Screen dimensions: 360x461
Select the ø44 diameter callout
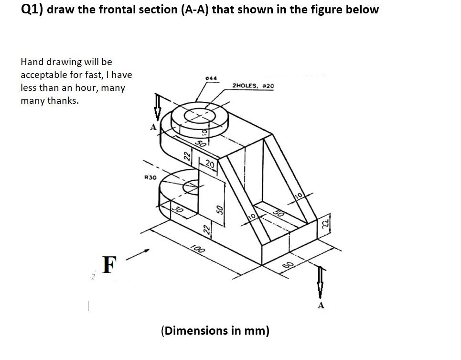coord(211,78)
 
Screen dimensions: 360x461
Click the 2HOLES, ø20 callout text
coord(253,86)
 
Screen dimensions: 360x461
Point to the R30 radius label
coord(150,177)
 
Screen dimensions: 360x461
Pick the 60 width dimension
coord(287,266)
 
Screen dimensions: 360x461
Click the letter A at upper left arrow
coord(153,127)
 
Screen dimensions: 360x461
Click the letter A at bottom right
coord(321,305)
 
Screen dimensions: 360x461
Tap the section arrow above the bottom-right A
coord(321,283)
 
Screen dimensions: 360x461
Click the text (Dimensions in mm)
coord(215,330)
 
